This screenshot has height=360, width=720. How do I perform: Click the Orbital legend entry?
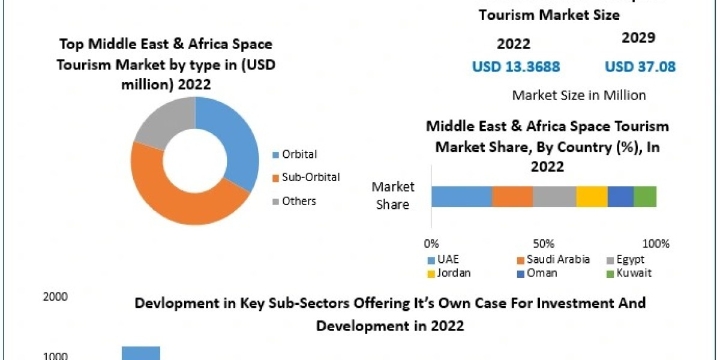click(299, 154)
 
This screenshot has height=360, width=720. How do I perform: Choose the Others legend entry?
click(298, 201)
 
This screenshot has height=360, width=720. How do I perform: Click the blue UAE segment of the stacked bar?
click(461, 196)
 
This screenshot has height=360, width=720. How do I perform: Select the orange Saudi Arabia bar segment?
click(512, 196)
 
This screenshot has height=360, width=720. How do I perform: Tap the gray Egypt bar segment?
click(554, 196)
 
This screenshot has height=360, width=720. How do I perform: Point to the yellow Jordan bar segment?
click(592, 196)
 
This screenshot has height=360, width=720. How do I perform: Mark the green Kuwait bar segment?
click(645, 196)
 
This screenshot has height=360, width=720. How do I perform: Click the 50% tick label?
click(544, 244)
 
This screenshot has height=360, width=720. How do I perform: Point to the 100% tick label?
click(656, 244)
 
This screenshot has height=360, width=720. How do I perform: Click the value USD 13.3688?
click(516, 67)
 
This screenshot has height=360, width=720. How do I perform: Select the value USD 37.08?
click(640, 67)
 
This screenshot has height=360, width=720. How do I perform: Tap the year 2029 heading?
click(638, 38)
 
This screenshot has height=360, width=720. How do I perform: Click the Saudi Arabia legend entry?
click(557, 260)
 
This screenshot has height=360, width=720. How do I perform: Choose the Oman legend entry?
click(541, 273)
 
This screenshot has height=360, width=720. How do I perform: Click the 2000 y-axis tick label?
click(55, 296)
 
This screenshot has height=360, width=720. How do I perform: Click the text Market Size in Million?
click(579, 95)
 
